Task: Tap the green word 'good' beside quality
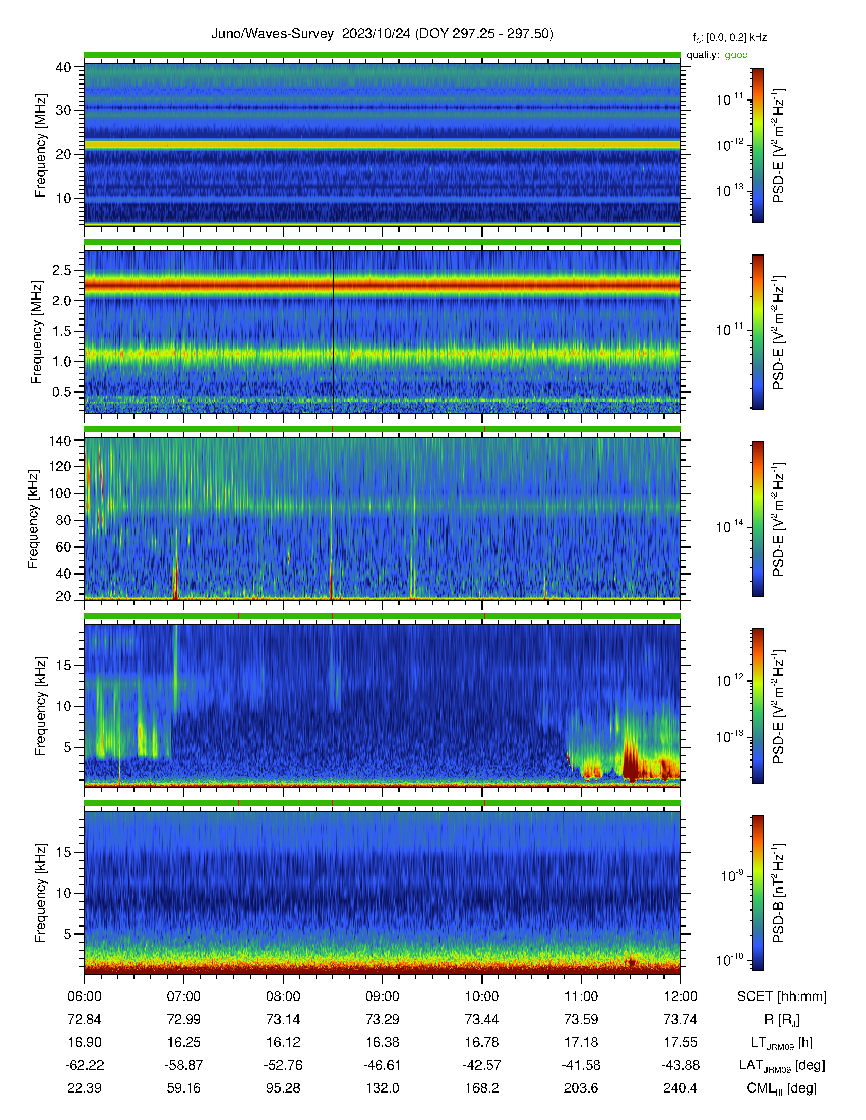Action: pos(736,55)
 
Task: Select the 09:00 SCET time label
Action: pos(382,996)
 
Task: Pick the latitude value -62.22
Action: pos(85,1065)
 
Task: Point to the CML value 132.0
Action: pos(382,1088)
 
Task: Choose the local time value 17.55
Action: pos(680,1042)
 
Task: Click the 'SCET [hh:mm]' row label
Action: pos(782,996)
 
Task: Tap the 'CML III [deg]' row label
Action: pos(782,1088)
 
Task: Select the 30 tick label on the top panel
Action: pos(63,110)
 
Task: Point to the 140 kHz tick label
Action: pos(59,441)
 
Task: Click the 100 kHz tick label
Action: pos(59,493)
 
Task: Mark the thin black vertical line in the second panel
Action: pos(333,331)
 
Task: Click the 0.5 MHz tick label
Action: pos(61,392)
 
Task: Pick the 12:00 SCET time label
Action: pos(680,996)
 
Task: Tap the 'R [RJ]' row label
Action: pos(782,1020)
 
